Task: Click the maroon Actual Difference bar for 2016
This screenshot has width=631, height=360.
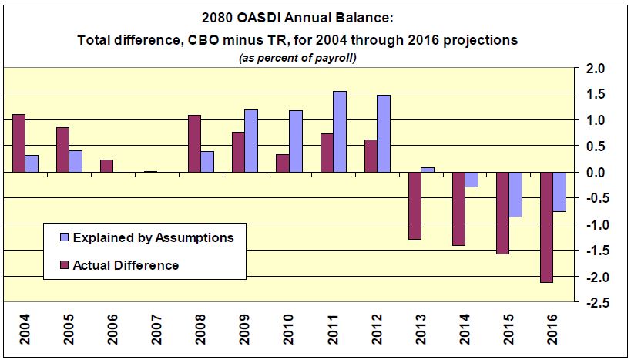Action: [547, 227]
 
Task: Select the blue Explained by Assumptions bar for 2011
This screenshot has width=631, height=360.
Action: [340, 131]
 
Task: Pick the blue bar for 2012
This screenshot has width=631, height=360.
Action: [384, 133]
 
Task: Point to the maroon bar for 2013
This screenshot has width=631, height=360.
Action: [415, 206]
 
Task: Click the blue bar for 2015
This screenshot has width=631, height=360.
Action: [515, 194]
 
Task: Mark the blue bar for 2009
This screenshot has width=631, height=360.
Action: [251, 141]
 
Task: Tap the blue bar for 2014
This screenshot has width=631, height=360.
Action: [472, 180]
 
